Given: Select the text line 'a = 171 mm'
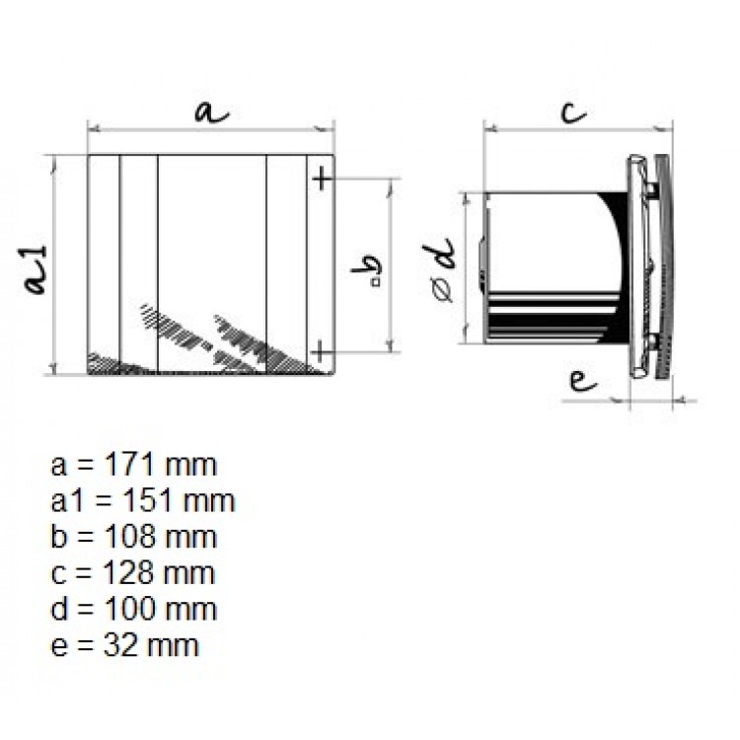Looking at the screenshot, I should tap(132, 464).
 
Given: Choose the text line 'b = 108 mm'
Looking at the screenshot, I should tap(132, 537).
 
